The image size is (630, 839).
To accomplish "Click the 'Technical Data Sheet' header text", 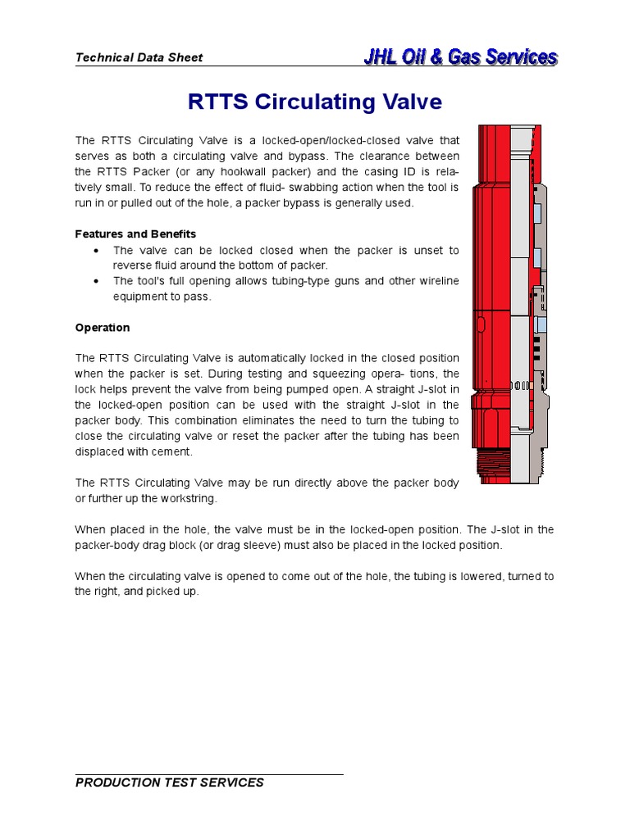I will coord(139,57).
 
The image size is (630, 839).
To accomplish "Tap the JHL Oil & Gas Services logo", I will coord(460,57).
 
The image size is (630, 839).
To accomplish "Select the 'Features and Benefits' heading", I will coord(135,234).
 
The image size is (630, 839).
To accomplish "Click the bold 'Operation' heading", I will coord(103,328).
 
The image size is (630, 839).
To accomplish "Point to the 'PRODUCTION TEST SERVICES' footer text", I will coord(169,782).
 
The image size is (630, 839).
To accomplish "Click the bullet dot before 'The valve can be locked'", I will coord(98,250).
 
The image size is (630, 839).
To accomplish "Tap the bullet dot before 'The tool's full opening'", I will coord(98,281).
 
